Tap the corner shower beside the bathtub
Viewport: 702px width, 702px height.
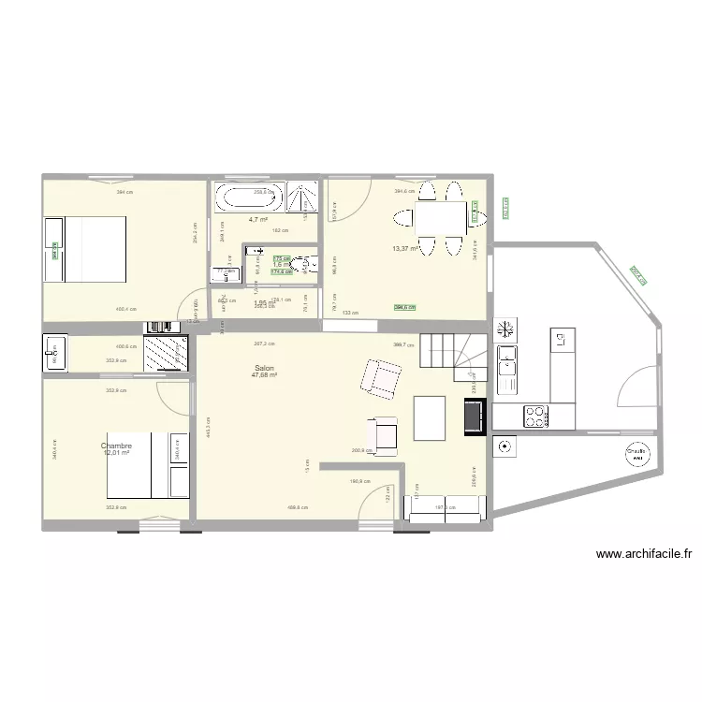(301, 198)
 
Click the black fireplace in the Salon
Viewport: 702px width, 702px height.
(475, 417)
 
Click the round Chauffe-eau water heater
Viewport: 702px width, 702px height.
(638, 455)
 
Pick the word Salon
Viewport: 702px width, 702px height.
(263, 369)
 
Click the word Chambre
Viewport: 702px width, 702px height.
(117, 446)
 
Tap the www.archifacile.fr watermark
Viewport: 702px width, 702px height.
(643, 554)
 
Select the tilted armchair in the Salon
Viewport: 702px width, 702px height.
(378, 379)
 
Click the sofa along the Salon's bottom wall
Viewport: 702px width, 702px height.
(443, 507)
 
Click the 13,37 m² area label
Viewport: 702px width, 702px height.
(405, 249)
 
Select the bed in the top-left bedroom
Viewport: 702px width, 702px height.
(86, 249)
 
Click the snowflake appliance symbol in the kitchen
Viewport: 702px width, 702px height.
(505, 329)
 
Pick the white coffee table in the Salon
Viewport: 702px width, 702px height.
(430, 417)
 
